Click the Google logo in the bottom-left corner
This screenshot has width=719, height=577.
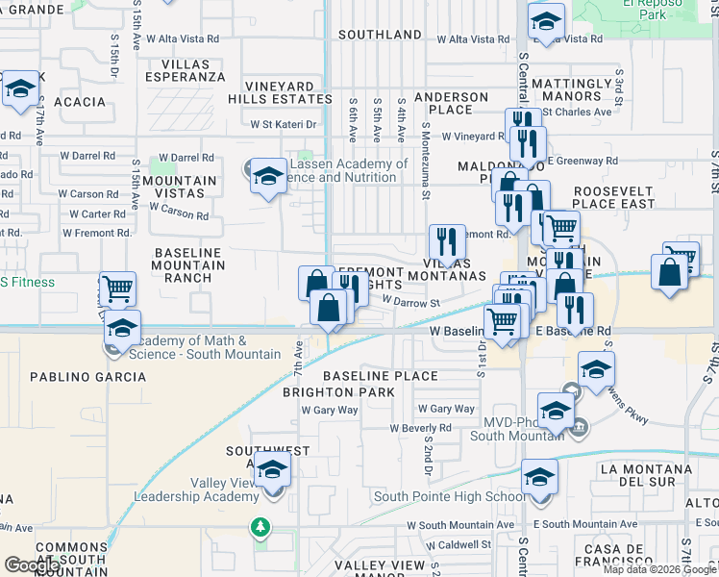click(32, 565)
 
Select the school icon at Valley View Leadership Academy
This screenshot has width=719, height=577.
click(274, 469)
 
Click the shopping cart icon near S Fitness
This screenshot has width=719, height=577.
click(117, 288)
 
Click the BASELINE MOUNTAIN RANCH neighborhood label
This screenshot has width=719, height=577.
click(187, 264)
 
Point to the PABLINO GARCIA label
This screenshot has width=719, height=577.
click(88, 377)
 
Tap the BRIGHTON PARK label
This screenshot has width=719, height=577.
click(338, 392)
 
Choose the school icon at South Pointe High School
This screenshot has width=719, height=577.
click(539, 478)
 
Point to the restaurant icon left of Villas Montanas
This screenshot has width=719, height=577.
click(447, 241)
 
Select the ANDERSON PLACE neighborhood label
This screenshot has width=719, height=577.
click(451, 103)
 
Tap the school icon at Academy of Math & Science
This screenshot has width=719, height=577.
click(122, 327)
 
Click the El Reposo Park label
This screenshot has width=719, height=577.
click(644, 9)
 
